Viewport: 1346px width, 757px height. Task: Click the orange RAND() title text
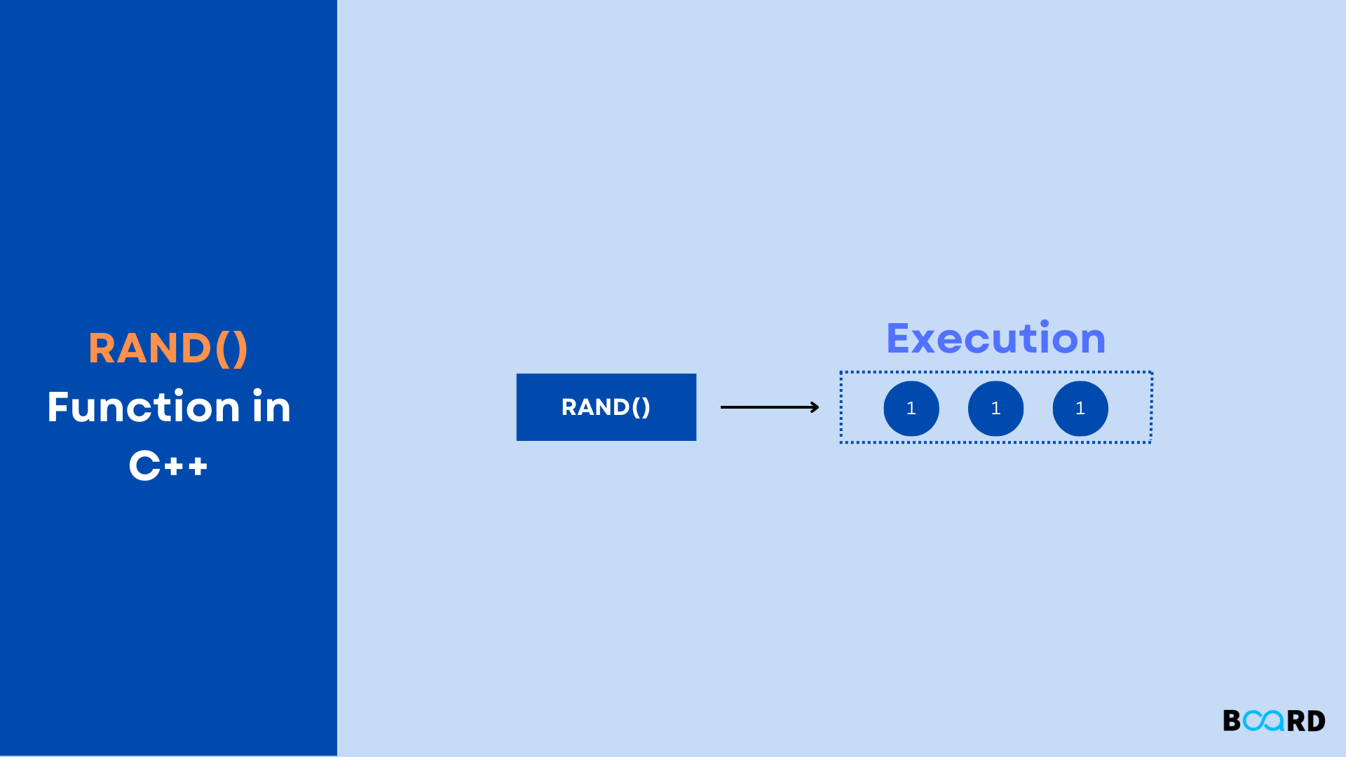click(168, 348)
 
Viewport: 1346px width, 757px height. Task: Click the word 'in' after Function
click(271, 407)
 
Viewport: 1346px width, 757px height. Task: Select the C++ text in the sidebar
click(168, 465)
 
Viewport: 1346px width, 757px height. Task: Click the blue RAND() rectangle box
click(606, 407)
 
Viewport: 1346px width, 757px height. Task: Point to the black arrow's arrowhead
click(815, 407)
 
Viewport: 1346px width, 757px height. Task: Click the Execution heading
click(995, 339)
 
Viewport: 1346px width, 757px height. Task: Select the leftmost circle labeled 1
click(911, 409)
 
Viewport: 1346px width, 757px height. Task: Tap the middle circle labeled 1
click(995, 409)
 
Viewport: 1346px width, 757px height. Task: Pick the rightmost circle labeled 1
click(1080, 409)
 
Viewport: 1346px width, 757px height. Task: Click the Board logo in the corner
click(1274, 721)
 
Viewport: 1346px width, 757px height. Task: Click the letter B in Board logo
click(1232, 721)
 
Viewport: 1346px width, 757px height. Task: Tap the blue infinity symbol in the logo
click(1263, 721)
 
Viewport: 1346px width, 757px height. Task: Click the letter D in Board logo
click(1316, 721)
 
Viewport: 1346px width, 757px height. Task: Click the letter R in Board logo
click(1296, 721)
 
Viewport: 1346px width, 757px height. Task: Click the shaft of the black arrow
click(764, 407)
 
